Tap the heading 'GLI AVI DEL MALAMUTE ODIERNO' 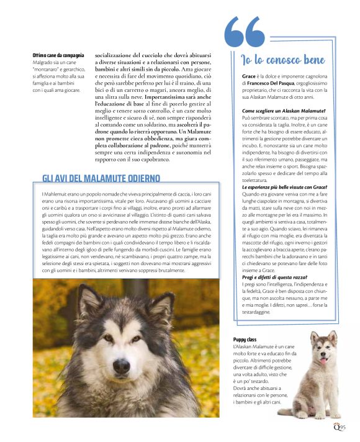pos(101,179)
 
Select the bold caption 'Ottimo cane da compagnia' pos(58,55)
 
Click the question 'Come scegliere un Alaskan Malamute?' pos(279,110)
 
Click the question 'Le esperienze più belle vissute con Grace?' pos(285,187)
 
